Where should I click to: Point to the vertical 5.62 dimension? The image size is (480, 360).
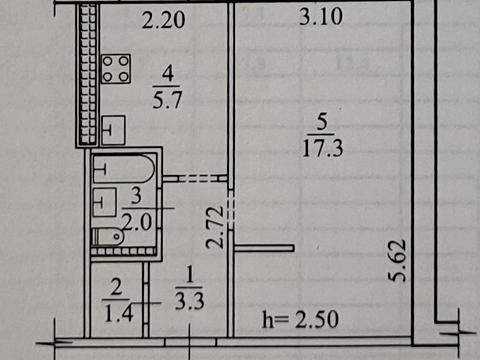coord(398,263)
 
